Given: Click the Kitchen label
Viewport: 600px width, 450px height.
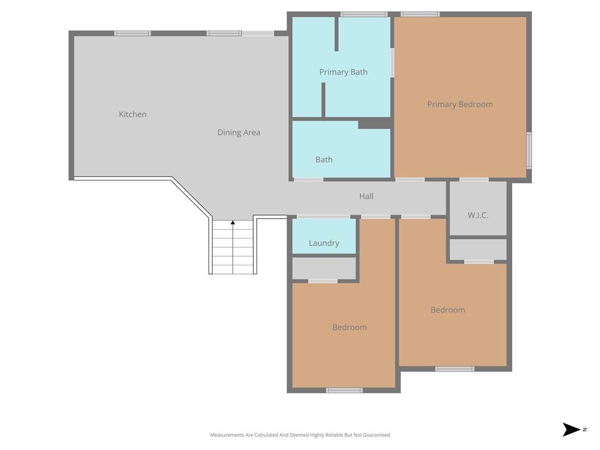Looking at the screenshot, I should [x=132, y=114].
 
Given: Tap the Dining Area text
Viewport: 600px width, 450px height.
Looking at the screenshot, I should [x=238, y=132].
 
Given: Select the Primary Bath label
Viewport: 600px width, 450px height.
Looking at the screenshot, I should [x=343, y=72].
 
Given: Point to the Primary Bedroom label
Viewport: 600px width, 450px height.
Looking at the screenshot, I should [x=460, y=104].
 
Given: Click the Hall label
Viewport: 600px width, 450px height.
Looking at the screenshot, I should [x=366, y=196].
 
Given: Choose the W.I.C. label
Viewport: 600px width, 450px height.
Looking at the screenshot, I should [x=478, y=215].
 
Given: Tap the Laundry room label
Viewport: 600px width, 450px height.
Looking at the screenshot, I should [x=324, y=243].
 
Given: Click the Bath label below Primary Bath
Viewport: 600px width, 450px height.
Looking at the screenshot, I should [x=324, y=159].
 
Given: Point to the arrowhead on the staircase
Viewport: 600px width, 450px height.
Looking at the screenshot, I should [x=233, y=223].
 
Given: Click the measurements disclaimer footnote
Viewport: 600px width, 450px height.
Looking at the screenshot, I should [x=300, y=435].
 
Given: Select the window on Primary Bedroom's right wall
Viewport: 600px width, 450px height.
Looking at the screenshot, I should [x=529, y=151].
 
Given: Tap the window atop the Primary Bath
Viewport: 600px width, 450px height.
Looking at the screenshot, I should [x=364, y=14].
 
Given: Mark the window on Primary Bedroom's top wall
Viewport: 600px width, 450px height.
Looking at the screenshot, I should [x=420, y=14].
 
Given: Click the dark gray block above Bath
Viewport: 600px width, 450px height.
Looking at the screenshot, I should [x=374, y=124].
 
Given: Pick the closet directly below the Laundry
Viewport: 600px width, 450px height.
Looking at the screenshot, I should [x=324, y=268].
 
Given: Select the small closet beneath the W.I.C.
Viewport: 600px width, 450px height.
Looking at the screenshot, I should [x=478, y=249].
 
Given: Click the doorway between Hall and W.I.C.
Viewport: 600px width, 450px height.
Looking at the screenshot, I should [x=474, y=179].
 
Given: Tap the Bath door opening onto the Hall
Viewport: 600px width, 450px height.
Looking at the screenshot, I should [x=308, y=179].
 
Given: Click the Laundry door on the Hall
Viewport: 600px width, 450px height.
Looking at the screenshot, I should [x=323, y=217].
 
